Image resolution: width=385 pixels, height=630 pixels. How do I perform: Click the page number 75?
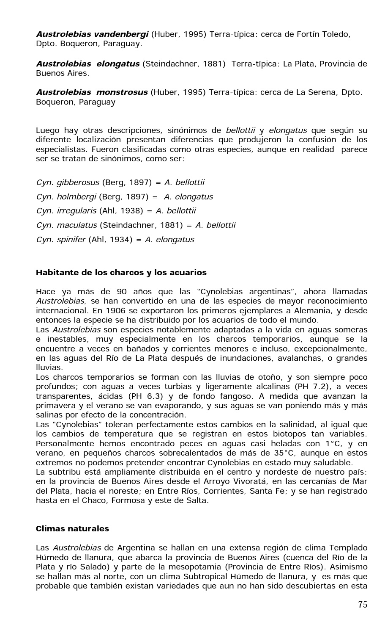(362, 605)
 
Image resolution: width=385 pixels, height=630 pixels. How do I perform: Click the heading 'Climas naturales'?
(72, 528)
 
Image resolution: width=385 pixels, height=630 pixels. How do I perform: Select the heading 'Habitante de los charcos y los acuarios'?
(121, 272)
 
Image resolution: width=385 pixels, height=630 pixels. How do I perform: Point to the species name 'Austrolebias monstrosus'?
(92, 92)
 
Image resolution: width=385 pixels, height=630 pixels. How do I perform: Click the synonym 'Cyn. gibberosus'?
(68, 182)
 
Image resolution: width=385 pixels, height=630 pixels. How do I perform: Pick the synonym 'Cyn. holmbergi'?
(66, 197)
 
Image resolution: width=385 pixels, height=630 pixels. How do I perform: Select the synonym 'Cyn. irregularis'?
(66, 211)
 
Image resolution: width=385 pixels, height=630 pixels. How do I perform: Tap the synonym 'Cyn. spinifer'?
(61, 240)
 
